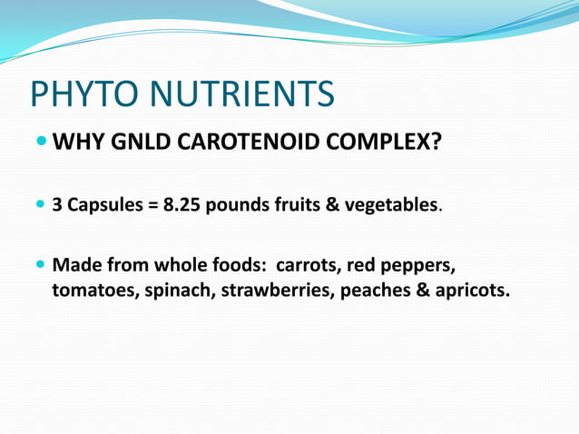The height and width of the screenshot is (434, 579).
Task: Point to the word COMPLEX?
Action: tap(381, 143)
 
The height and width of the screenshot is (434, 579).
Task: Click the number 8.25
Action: tap(182, 205)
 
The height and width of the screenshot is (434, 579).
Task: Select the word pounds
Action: tap(239, 205)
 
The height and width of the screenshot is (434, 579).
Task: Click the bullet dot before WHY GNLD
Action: tap(42, 143)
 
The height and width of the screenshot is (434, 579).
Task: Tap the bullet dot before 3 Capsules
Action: tap(42, 205)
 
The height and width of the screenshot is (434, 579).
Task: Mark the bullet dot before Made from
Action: tap(42, 267)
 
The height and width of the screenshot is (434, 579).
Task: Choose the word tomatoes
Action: tap(94, 292)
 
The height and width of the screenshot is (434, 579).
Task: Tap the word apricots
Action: tap(472, 292)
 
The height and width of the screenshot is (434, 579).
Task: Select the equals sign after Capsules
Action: tap(152, 205)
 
